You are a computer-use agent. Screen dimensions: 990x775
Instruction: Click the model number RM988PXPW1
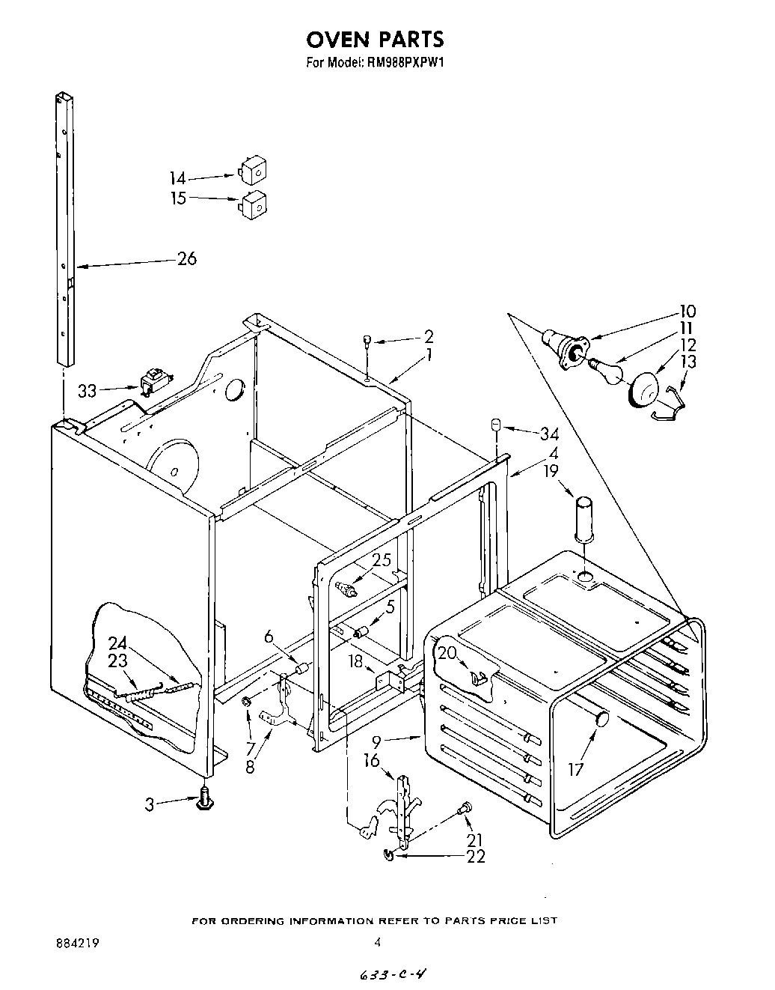click(x=406, y=64)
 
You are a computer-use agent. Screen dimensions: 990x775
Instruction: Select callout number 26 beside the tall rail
click(x=186, y=258)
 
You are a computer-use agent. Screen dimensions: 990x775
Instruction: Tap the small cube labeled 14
click(x=252, y=171)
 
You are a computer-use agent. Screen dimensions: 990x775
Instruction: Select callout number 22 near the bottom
click(x=474, y=856)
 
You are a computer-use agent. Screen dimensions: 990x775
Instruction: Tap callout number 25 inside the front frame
click(x=382, y=559)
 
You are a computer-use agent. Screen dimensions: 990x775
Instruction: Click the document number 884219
click(x=76, y=944)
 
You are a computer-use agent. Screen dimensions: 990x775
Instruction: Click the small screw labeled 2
click(x=368, y=340)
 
